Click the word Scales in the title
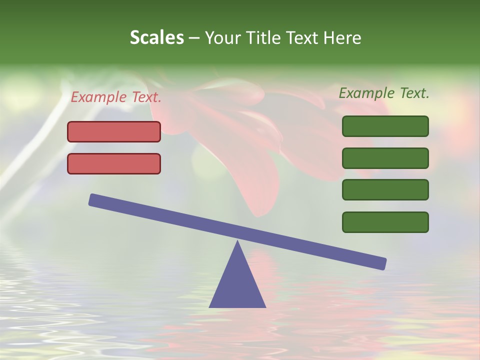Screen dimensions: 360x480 click(x=156, y=37)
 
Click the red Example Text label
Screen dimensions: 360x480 click(x=116, y=97)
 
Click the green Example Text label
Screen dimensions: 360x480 click(x=384, y=93)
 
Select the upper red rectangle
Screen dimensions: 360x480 click(x=114, y=131)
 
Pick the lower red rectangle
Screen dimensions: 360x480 click(x=114, y=163)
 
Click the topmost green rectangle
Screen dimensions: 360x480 click(x=385, y=126)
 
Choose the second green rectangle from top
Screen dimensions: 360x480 click(x=385, y=158)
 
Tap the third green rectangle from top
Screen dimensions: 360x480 click(x=385, y=190)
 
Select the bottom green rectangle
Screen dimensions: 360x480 click(x=385, y=222)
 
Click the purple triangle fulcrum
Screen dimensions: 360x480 click(x=237, y=285)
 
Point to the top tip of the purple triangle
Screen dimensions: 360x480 click(x=237, y=242)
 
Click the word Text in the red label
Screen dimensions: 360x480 click(x=146, y=97)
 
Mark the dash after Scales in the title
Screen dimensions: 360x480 click(x=194, y=38)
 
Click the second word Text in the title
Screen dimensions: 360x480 click(x=304, y=37)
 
